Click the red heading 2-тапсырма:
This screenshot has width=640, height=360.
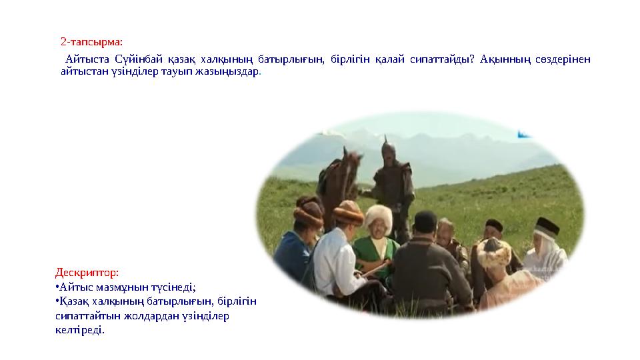(91, 41)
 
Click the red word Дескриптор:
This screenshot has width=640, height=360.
(87, 272)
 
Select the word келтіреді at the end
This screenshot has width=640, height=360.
(79, 330)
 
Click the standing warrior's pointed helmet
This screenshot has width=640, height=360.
(388, 149)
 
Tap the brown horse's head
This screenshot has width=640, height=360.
(352, 163)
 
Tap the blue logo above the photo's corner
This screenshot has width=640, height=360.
(524, 134)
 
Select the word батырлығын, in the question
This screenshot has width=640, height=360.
(291, 59)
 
